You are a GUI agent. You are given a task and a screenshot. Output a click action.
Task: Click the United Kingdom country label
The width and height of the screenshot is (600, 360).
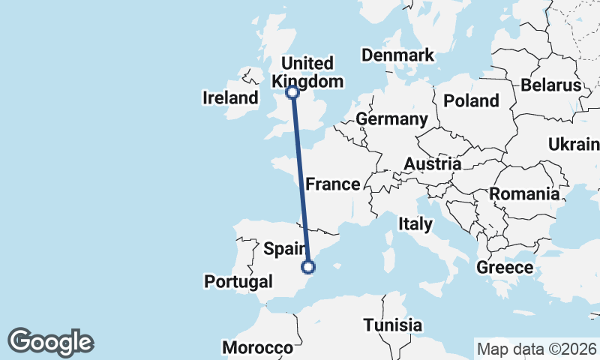click(308, 72)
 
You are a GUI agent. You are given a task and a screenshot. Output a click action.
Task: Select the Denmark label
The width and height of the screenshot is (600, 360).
click(397, 55)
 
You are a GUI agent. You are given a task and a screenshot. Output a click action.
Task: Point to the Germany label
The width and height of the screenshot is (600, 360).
click(391, 119)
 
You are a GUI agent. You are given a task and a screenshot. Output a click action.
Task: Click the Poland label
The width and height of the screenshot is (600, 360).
click(471, 100)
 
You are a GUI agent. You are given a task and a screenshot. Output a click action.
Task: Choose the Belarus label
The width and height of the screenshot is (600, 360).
click(552, 85)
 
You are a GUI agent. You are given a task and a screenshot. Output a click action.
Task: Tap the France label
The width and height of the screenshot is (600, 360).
click(332, 184)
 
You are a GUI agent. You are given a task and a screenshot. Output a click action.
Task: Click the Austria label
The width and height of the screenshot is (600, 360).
click(432, 164)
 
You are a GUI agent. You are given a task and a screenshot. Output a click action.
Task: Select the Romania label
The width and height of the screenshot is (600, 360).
click(525, 194)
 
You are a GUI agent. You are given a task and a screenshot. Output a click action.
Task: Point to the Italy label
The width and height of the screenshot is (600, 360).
click(415, 223)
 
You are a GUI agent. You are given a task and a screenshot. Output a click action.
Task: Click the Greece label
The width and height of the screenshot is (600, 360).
click(505, 267)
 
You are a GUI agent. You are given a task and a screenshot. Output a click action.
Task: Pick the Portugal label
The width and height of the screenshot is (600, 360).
click(238, 282)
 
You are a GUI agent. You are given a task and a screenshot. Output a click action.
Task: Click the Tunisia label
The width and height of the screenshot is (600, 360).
click(392, 325)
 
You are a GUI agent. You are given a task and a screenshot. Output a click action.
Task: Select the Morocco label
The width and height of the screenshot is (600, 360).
click(257, 348)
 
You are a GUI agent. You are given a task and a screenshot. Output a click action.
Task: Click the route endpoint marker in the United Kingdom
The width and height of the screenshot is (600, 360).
click(292, 93)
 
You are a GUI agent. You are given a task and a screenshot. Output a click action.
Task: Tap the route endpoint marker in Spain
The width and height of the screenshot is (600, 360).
click(308, 266)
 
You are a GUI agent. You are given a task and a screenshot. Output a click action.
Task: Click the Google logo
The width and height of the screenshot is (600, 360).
click(50, 342)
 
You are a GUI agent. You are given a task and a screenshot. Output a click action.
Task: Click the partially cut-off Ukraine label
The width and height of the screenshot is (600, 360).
click(574, 144)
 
